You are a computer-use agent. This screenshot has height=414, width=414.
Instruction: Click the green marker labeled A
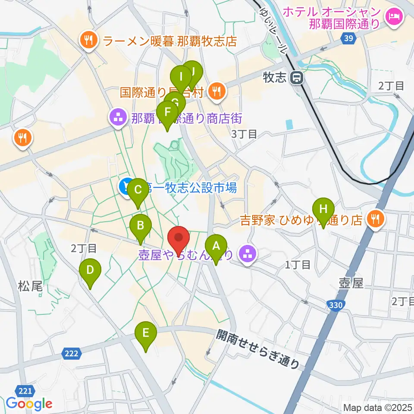pos(216,246)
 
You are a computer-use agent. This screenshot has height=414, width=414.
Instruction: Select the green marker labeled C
pos(138,190)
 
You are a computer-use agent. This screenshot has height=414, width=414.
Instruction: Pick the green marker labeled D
pos(90,270)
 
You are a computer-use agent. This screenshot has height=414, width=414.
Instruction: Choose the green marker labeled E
pos(146,333)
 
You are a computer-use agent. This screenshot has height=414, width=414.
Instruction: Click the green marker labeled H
pos(323,210)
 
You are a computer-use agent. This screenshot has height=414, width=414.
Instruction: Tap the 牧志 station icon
pos(297,78)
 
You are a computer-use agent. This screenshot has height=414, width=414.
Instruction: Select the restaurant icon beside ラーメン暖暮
pos(89,41)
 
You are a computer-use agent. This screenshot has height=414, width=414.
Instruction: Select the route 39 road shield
pos(348,38)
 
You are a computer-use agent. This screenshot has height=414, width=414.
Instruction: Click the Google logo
pos(29,404)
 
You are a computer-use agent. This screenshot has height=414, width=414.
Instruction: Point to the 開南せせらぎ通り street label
pos(258,349)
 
